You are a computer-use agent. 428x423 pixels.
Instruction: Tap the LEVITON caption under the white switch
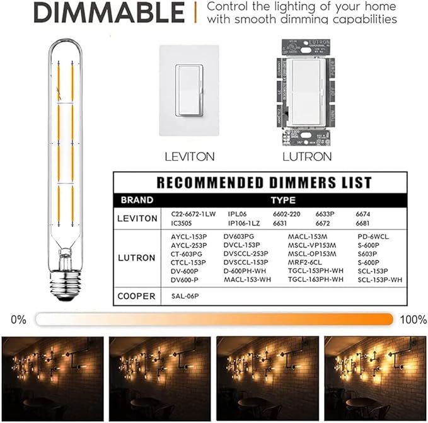coord(189,156)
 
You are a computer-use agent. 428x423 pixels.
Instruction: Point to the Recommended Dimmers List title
coord(264,183)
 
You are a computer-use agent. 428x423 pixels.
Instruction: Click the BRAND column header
coord(137,200)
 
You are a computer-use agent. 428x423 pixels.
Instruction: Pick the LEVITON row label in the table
coord(137,218)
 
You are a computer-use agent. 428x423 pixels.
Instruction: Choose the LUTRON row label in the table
coord(137,258)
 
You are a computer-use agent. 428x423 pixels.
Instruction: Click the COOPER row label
coord(137,296)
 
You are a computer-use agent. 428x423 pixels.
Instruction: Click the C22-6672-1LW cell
coord(193,214)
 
